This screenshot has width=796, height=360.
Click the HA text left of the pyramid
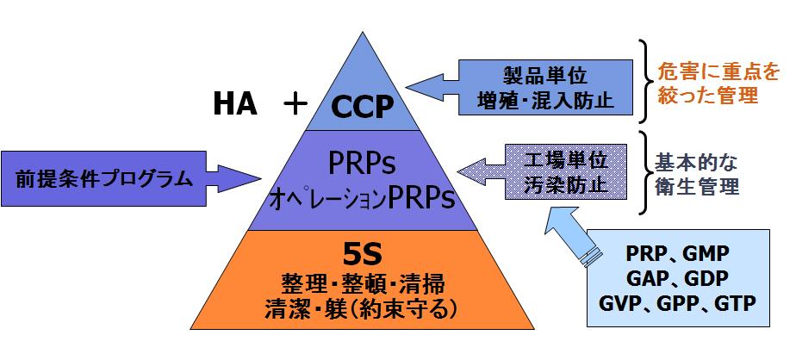(235, 104)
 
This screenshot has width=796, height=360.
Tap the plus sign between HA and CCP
(295, 104)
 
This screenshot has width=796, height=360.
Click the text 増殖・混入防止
(545, 99)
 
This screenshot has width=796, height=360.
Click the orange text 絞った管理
(707, 96)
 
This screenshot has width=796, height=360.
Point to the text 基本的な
(697, 162)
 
